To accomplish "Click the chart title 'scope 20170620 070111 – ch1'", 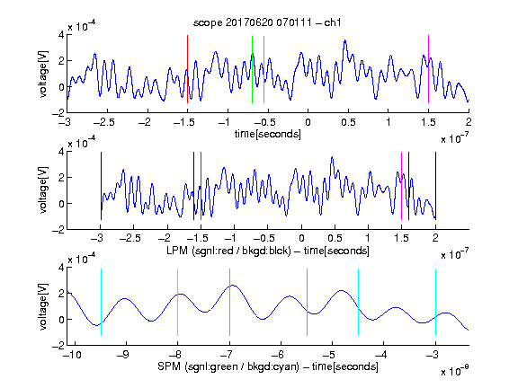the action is (x=267, y=22).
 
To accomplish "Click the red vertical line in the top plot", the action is (x=187, y=69).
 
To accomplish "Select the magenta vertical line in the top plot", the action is (x=428, y=69).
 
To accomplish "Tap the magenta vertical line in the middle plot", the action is (x=401, y=186).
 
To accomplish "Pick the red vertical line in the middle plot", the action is (x=201, y=186).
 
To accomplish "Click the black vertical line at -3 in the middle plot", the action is (x=101, y=186).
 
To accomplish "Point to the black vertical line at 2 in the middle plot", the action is (x=435, y=186).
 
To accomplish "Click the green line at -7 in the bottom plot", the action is (x=229, y=302).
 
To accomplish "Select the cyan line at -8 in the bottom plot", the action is (x=177, y=302).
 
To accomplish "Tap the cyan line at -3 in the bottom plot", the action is (x=435, y=302).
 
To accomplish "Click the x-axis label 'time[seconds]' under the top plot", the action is (x=268, y=134).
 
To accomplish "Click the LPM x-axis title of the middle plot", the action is (x=268, y=251).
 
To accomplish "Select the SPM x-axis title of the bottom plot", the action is (x=268, y=366).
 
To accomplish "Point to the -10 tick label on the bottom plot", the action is (x=74, y=355).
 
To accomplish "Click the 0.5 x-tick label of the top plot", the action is (x=348, y=122).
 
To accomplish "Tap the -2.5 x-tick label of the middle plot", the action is (x=130, y=238).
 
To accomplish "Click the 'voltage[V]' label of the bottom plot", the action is (x=43, y=307).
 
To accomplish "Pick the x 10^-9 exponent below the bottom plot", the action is (x=454, y=371).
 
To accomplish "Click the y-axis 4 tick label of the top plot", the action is (x=61, y=35).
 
